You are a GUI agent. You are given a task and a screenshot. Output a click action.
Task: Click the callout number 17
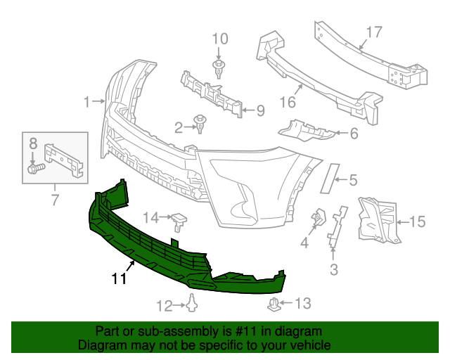pos(373,32)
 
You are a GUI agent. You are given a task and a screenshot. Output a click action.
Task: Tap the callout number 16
pos(288,102)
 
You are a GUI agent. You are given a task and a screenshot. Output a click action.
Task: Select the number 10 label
pos(220,39)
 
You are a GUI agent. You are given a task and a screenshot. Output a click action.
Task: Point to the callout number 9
pos(259,110)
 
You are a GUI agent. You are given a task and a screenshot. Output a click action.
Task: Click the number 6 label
pos(354,133)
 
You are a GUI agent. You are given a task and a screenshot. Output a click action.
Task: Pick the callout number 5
pos(353,179)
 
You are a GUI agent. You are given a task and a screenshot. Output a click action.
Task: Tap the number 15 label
pos(417,223)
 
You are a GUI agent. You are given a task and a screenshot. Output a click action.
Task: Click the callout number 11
pos(118,279)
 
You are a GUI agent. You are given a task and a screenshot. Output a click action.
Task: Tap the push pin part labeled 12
pos(193,304)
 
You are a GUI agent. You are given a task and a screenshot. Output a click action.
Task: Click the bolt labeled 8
pos(34,168)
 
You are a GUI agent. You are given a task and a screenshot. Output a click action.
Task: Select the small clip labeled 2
pos(202,126)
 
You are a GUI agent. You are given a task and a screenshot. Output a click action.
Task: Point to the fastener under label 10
pos(220,68)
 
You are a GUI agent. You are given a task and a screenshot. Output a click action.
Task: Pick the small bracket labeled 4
pos(318,217)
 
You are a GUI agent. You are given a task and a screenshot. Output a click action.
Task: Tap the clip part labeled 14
pos(181,221)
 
